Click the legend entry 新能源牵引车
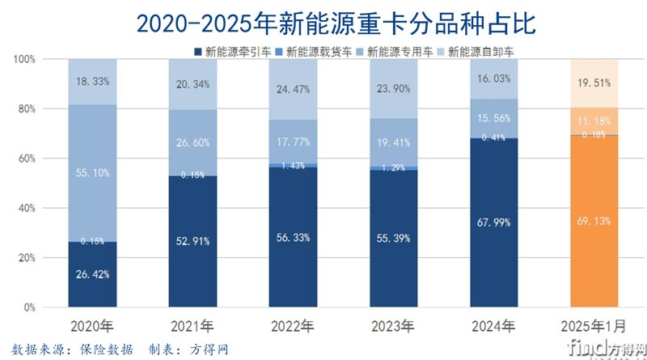point(235,52)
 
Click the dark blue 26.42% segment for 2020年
point(91,275)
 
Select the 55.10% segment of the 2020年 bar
point(91,173)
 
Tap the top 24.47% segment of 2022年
point(292,89)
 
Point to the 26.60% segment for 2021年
point(192,142)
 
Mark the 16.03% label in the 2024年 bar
point(493,79)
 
